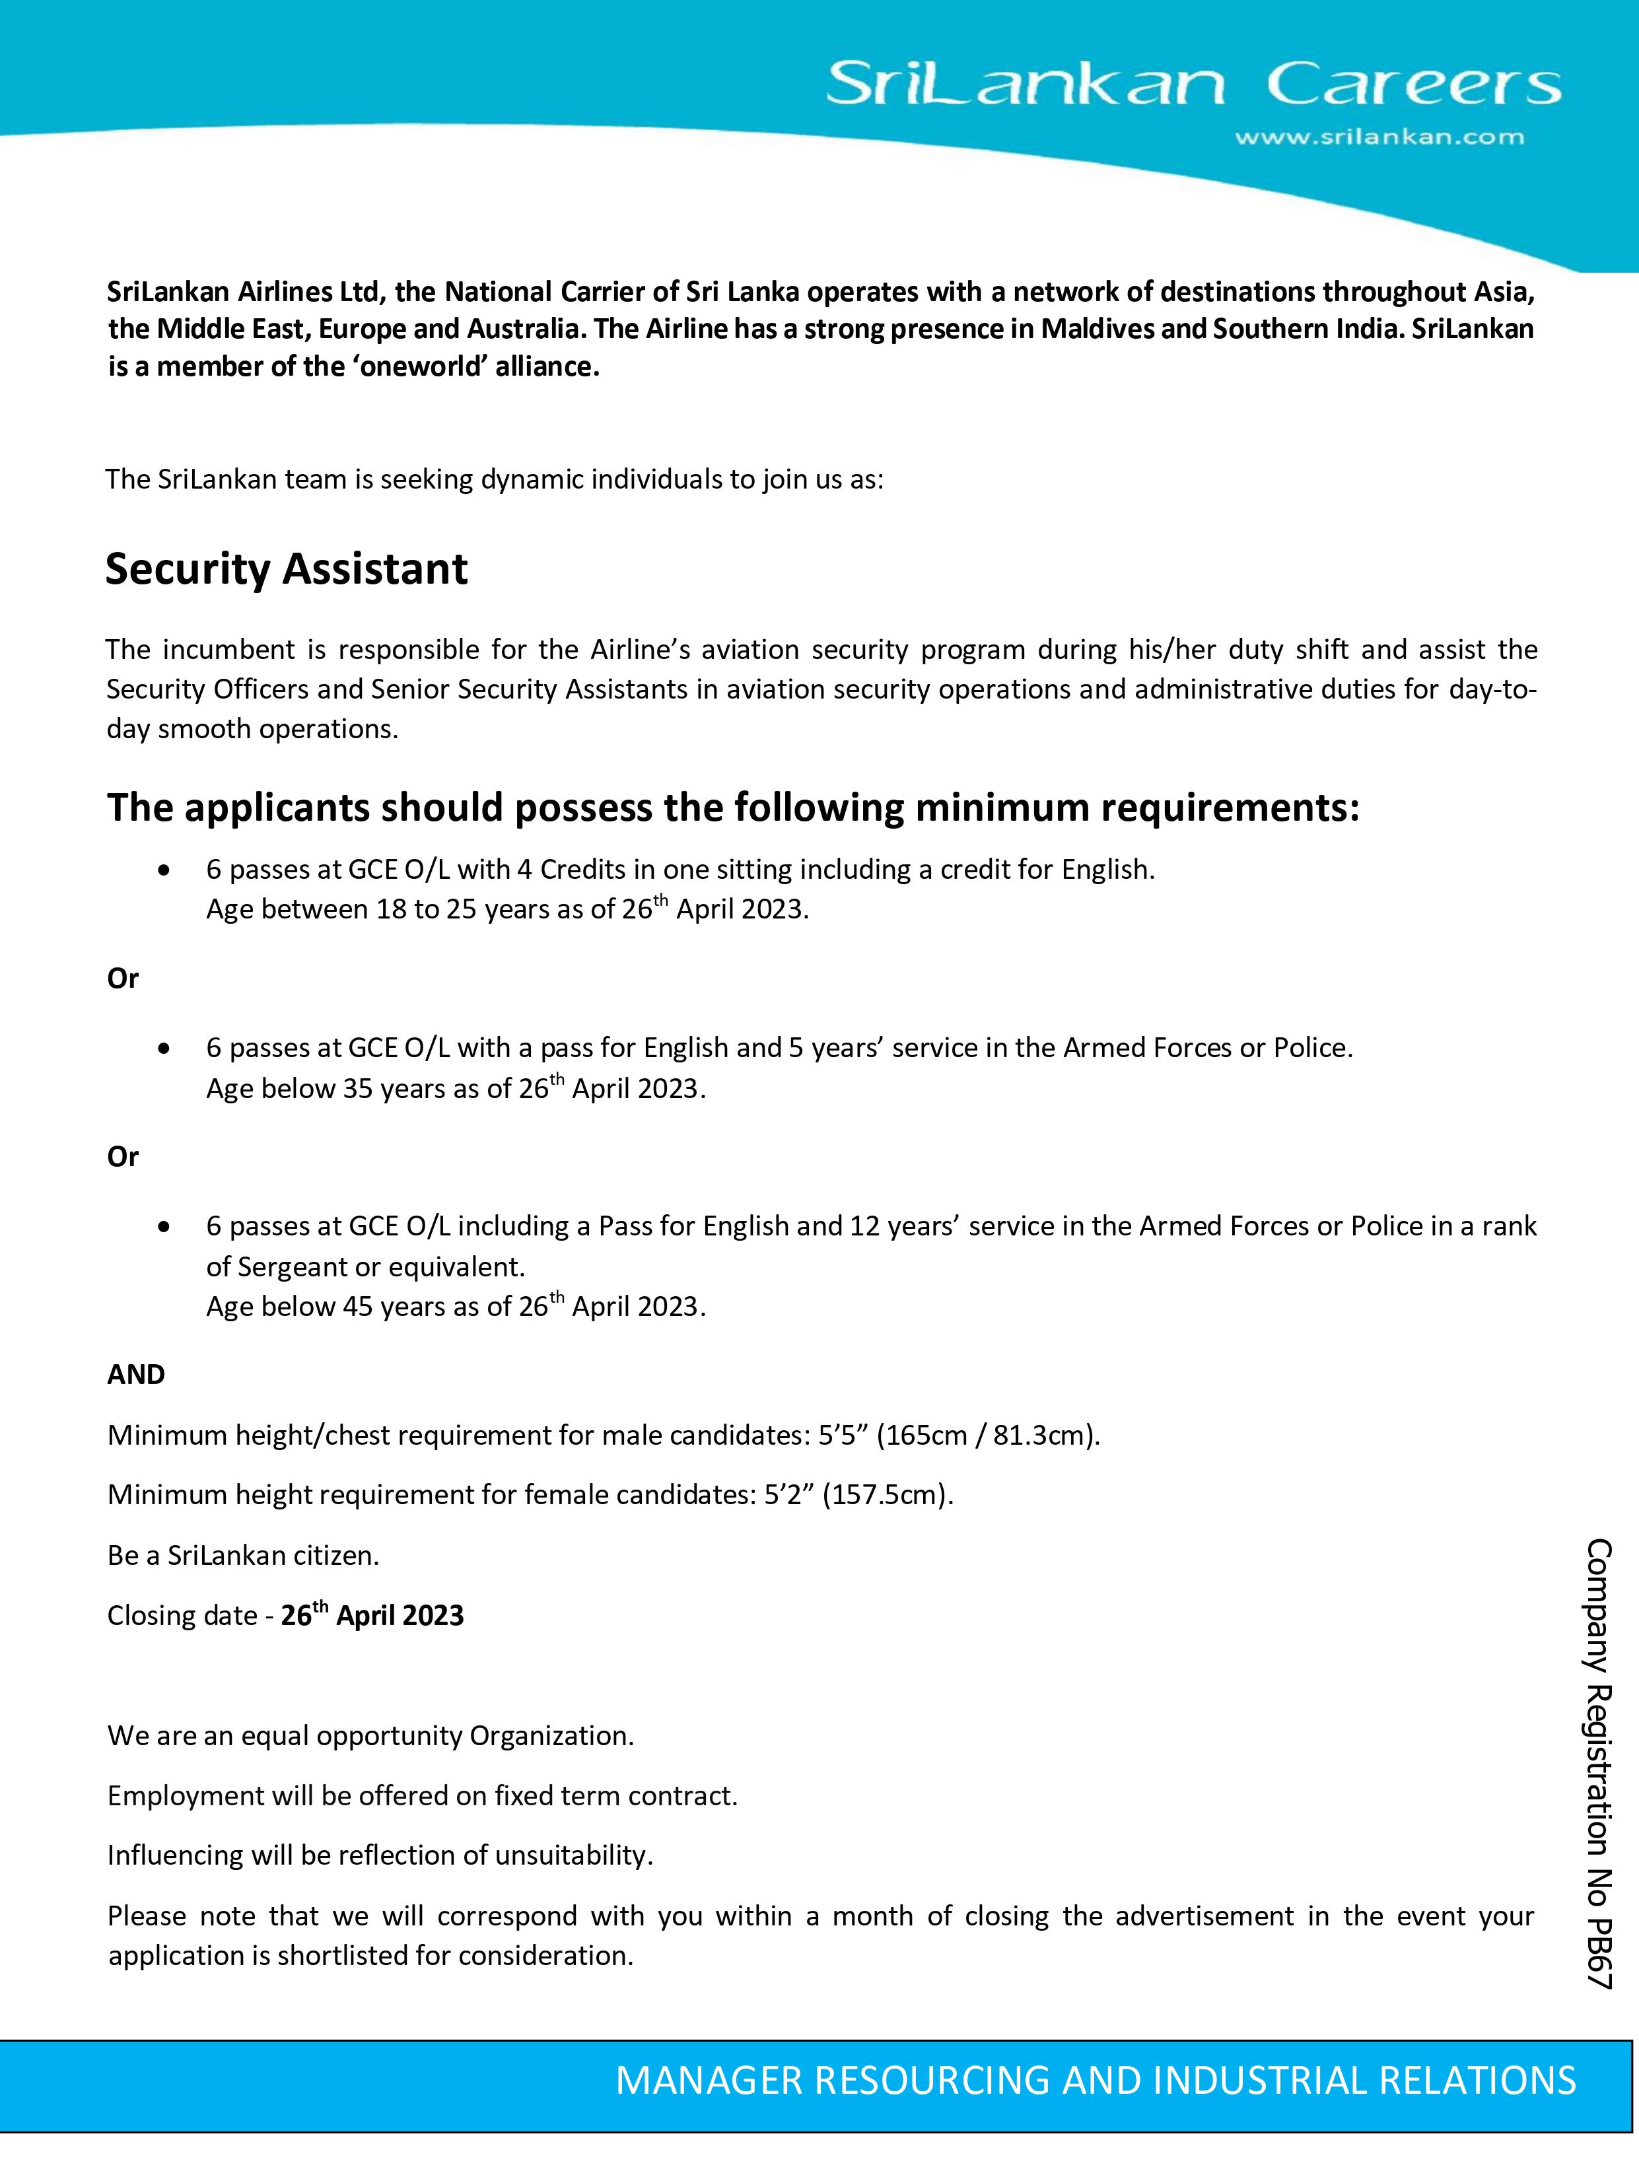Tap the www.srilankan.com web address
click(x=1379, y=138)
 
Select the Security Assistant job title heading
click(x=287, y=569)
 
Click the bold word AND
click(x=136, y=1374)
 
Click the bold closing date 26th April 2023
click(x=372, y=1616)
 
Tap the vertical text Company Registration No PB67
click(x=1597, y=1763)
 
